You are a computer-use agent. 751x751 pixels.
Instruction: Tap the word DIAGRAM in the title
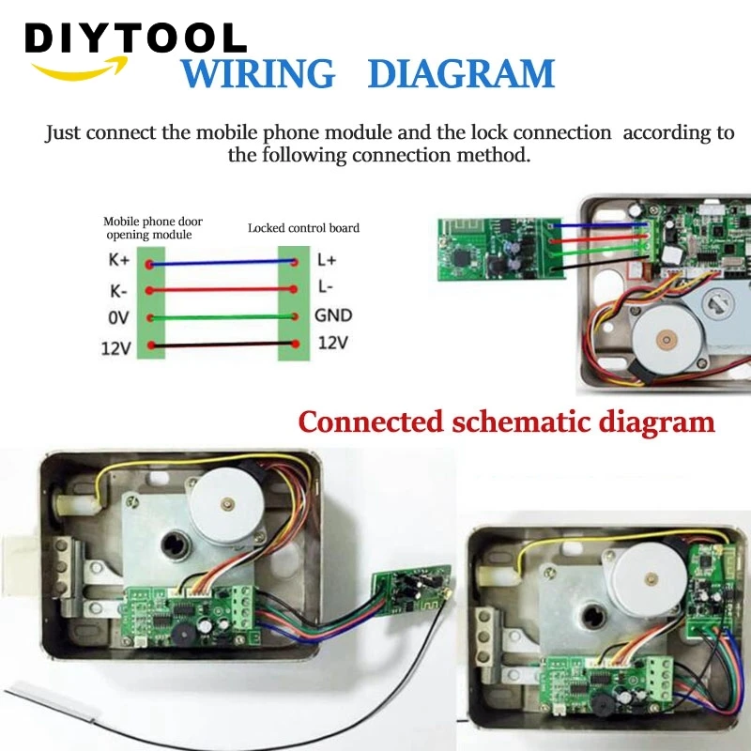(x=460, y=74)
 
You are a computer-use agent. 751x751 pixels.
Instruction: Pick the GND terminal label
(x=334, y=316)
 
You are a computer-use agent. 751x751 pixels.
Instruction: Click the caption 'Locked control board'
(x=303, y=228)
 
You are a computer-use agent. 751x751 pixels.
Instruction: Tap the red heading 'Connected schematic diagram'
(x=506, y=421)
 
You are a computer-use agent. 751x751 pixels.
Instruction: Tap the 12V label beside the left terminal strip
(x=115, y=349)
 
